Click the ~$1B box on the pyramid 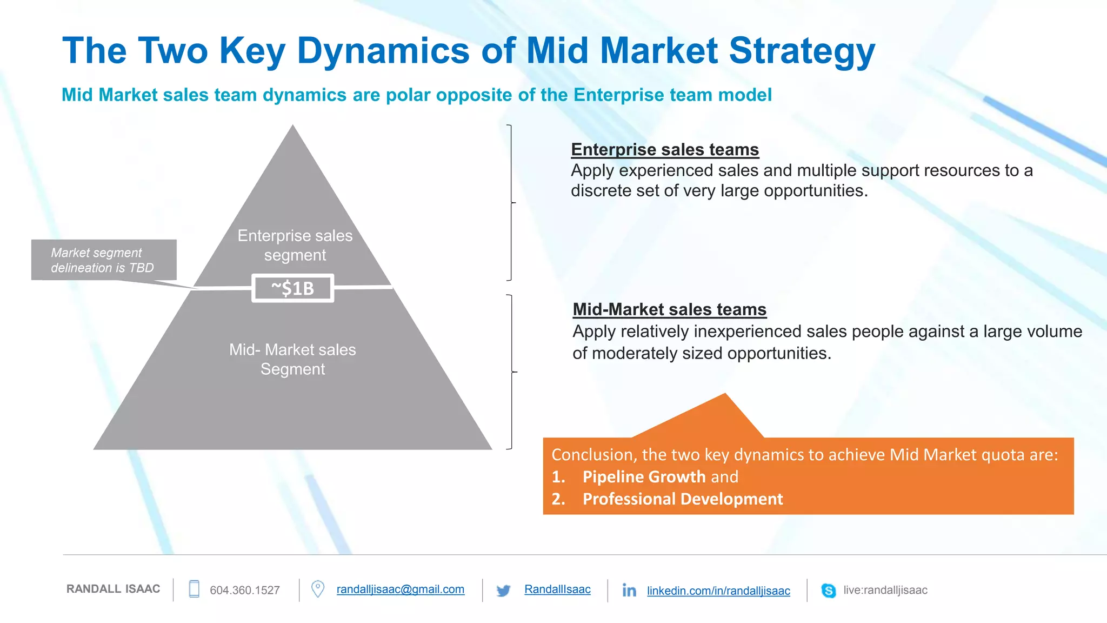[292, 288]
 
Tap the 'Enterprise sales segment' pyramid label [295, 245]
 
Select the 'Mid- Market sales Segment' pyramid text [292, 359]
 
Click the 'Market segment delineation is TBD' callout [103, 260]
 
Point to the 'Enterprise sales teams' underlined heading [664, 149]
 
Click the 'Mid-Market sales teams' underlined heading [669, 309]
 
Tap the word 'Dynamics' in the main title [383, 51]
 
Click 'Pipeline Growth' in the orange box [644, 476]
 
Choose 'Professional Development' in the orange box [682, 499]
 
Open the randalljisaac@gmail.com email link [400, 589]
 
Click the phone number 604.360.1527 [244, 590]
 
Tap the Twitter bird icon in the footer [503, 591]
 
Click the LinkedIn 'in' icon [629, 590]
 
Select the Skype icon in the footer [828, 590]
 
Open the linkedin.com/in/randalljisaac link [718, 591]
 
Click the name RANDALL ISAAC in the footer [113, 589]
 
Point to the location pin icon [318, 589]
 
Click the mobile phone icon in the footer [194, 589]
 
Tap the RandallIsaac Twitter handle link [557, 589]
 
